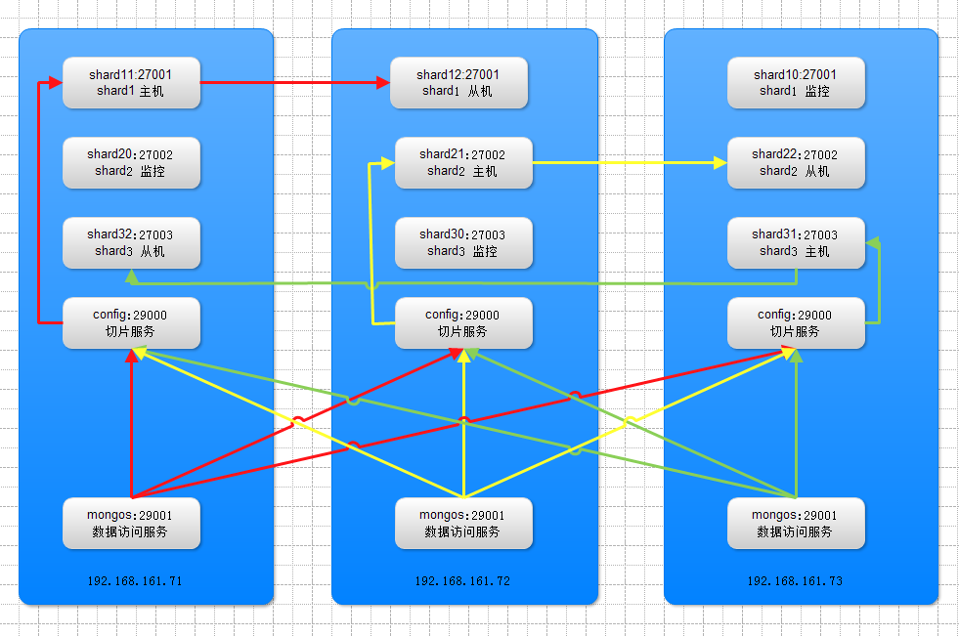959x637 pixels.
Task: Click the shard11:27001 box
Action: point(131,82)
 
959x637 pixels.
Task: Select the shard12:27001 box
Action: point(458,82)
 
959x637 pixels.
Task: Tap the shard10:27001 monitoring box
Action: point(795,82)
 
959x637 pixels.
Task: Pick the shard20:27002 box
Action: point(131,162)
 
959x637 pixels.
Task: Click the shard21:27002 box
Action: point(462,162)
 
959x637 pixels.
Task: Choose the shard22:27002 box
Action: point(795,162)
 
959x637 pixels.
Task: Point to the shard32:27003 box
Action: point(131,242)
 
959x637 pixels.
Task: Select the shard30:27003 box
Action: point(462,242)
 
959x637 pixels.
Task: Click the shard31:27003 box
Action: point(795,242)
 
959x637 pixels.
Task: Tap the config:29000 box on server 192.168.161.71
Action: point(131,322)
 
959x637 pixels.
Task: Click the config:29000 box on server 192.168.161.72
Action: point(462,322)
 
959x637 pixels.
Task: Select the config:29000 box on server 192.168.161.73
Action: point(795,322)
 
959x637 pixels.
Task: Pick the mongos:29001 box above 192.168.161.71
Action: point(131,523)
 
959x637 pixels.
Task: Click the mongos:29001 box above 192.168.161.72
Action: point(462,523)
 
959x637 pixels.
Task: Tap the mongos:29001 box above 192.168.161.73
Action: point(795,523)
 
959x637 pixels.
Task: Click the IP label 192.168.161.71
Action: point(135,580)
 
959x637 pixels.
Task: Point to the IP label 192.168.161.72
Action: point(462,580)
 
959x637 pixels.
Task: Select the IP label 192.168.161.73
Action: point(795,580)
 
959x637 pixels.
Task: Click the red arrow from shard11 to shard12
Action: point(293,83)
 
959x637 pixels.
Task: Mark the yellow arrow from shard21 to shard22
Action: point(626,163)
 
